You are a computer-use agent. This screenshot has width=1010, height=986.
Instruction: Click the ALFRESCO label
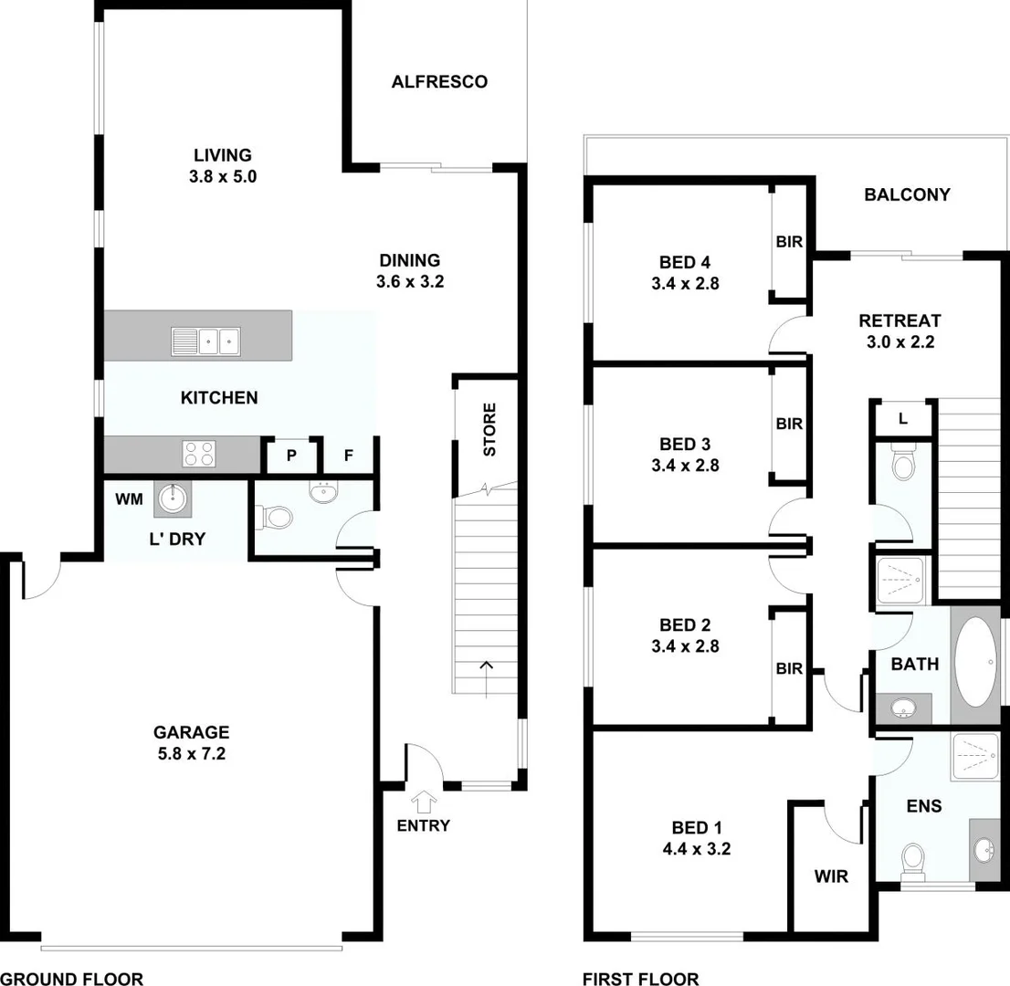[439, 82]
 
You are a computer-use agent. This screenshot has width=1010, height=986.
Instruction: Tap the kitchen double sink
[205, 341]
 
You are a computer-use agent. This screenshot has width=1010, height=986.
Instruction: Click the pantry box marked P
[291, 456]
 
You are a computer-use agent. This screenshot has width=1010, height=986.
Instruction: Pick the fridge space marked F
[348, 456]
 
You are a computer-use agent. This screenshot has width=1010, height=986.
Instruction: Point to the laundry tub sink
[173, 498]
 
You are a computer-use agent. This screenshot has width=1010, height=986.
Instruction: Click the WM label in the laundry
[128, 499]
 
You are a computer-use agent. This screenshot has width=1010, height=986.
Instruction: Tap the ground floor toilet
[277, 519]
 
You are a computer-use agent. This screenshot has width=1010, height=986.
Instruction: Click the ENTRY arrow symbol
[424, 801]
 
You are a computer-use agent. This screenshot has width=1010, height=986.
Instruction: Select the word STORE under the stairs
[489, 429]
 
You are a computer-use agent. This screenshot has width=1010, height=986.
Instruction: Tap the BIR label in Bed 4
[789, 243]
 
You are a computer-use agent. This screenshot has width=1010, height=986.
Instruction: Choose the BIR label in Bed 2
[789, 668]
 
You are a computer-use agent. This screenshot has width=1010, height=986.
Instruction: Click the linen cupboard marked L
[902, 418]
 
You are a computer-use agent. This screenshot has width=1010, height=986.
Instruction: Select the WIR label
[831, 877]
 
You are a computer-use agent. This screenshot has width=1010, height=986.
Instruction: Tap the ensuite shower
[976, 757]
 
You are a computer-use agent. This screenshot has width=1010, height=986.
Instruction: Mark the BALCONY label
[908, 194]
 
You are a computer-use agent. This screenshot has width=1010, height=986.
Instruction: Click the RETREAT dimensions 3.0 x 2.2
[900, 343]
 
